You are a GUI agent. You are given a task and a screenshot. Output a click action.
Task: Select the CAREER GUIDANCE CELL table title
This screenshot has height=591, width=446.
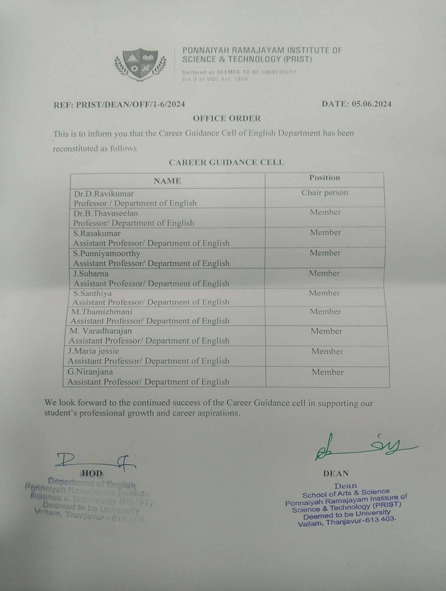[226, 162]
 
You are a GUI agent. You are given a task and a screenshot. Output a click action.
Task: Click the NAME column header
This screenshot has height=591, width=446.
[167, 181]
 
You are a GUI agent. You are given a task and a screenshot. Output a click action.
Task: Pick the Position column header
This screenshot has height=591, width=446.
[325, 178]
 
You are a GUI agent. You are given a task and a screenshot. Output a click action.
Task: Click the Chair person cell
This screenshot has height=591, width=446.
[325, 193]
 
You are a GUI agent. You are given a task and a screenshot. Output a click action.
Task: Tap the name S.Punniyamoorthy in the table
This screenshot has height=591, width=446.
[107, 253]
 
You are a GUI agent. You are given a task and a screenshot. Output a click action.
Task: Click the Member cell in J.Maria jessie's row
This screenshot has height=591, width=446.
[327, 351]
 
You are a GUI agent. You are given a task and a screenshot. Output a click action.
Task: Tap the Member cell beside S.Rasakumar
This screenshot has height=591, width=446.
[325, 233]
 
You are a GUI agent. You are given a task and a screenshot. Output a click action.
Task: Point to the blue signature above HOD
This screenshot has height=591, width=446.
[95, 460]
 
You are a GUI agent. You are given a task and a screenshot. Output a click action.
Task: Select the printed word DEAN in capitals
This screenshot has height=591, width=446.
[336, 473]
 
